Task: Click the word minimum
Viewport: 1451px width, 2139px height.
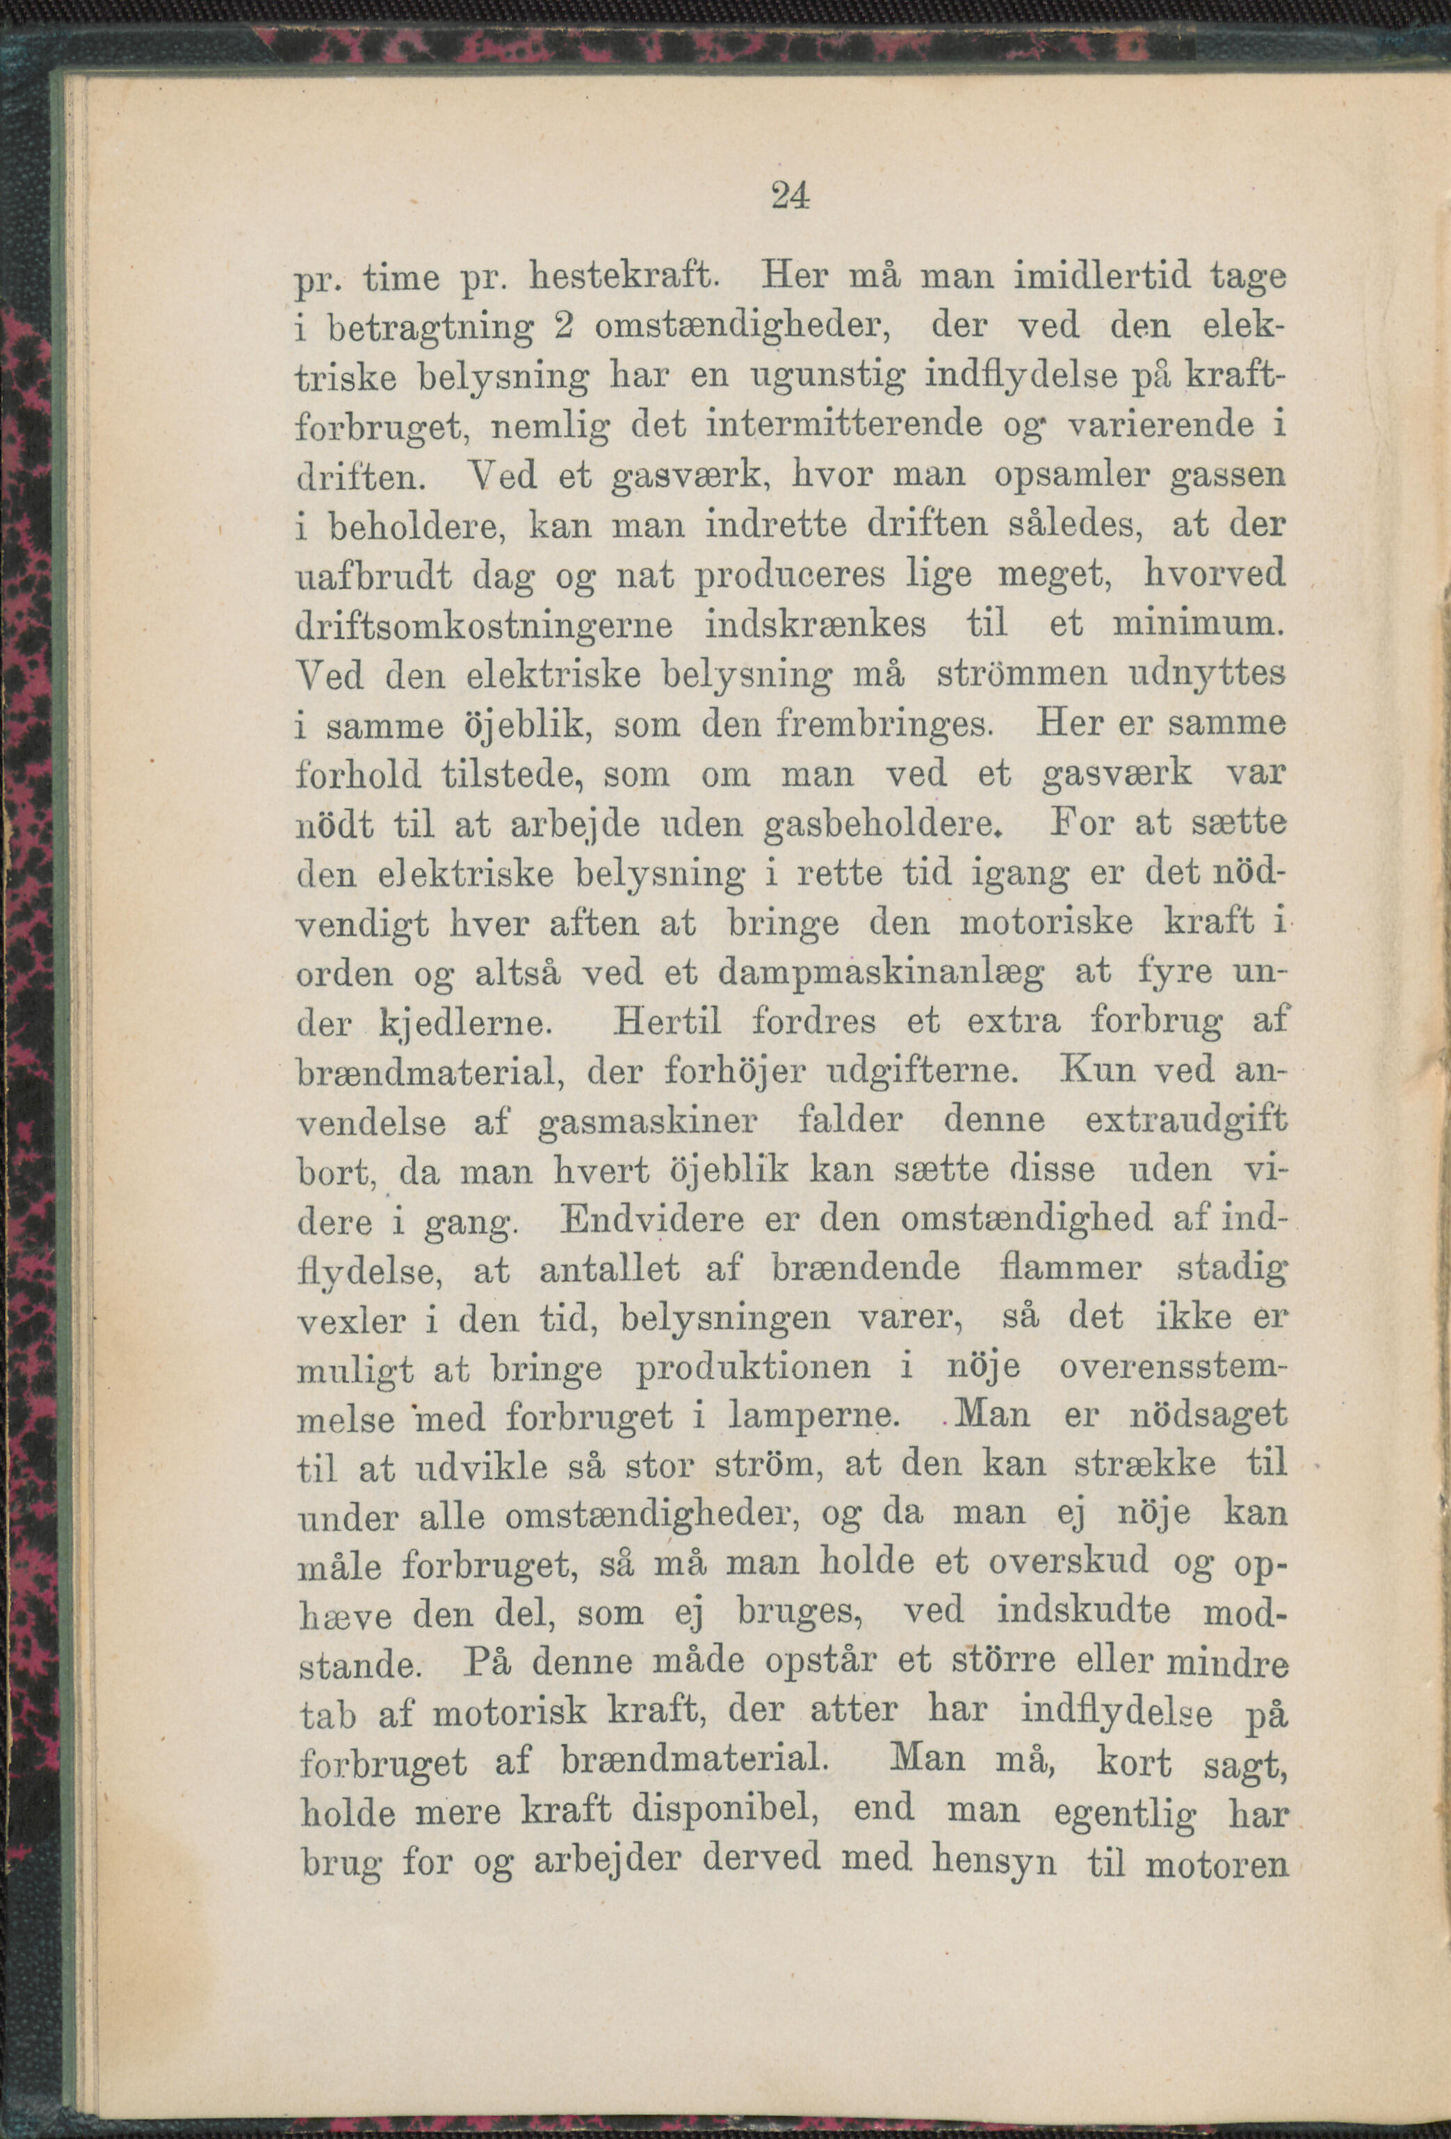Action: (x=1197, y=625)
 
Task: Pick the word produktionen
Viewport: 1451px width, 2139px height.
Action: (x=753, y=1369)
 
